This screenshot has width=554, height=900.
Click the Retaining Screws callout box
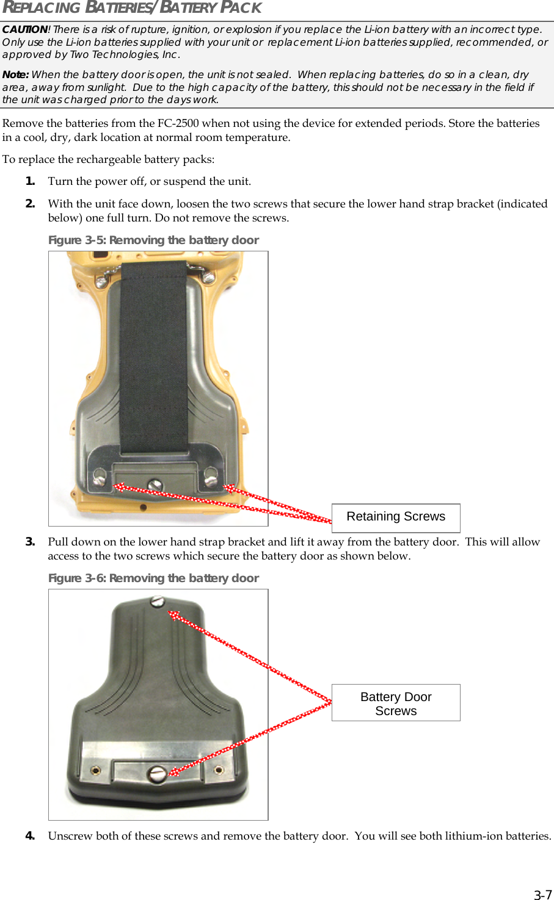396,517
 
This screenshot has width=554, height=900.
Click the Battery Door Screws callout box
396,703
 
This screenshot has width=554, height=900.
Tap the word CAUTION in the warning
24,29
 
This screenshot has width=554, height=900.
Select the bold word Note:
15,74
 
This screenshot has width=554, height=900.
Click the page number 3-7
542,895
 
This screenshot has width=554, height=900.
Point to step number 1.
30,181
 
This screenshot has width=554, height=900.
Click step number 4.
30,836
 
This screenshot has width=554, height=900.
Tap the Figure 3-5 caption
153,240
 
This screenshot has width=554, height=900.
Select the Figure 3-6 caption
153,578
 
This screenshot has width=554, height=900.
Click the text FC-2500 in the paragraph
178,123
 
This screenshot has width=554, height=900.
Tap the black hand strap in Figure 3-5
153,354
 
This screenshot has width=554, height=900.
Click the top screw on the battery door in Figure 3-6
158,602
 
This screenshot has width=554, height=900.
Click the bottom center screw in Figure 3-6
158,774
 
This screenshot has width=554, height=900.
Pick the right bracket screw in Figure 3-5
211,474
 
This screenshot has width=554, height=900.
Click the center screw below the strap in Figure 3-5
155,485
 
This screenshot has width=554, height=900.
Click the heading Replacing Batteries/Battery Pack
132,8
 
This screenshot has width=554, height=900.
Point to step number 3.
30,542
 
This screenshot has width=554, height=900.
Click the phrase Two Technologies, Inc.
125,55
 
